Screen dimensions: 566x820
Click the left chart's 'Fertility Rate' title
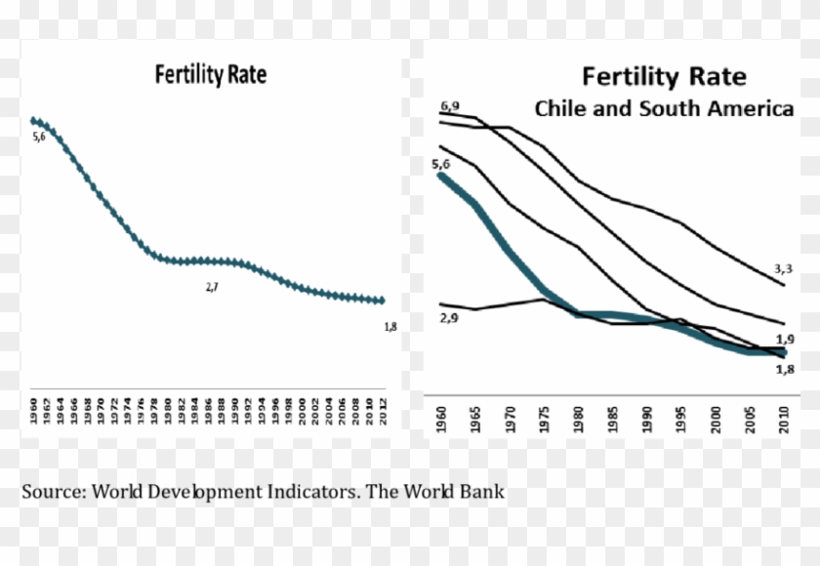click(210, 75)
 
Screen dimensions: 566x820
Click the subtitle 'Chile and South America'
click(663, 108)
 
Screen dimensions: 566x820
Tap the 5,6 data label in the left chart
click(39, 138)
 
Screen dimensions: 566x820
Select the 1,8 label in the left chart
click(389, 326)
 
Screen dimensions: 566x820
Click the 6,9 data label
click(450, 104)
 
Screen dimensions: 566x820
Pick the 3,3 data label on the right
click(783, 267)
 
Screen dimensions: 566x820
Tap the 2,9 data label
click(449, 319)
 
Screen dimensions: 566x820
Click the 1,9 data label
click(784, 339)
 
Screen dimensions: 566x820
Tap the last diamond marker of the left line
click(382, 301)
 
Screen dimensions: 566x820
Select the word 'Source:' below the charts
click(54, 491)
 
